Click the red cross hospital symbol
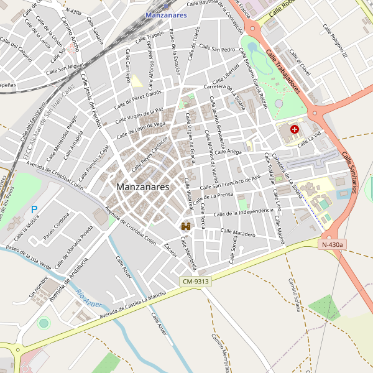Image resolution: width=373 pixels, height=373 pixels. pos(294,130)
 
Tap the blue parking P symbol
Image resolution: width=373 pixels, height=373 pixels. pos(34,210)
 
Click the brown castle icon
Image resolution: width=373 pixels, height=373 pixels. pos(185,227)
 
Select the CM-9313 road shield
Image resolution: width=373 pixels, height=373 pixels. pos(196,282)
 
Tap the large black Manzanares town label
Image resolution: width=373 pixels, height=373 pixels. pos(142,186)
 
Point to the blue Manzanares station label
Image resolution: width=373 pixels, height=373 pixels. pos(166,15)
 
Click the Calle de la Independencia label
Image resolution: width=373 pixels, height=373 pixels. pos(243,213)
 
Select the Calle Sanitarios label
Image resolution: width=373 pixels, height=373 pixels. pos(349,173)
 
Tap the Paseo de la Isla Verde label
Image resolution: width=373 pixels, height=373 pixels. pos(28,256)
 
